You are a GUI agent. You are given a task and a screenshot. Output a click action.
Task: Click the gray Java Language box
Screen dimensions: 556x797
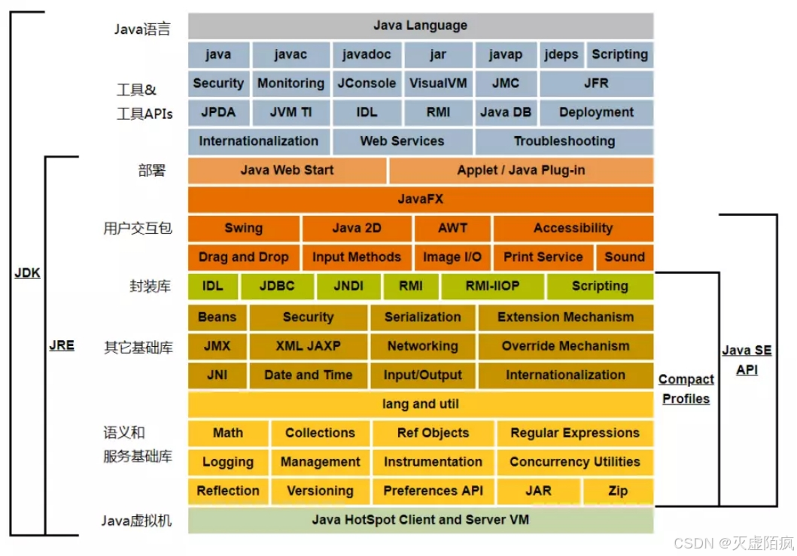point(420,26)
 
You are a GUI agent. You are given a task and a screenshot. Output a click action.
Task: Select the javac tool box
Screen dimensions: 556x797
point(291,54)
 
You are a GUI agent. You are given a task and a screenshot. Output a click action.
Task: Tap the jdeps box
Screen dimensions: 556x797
point(561,54)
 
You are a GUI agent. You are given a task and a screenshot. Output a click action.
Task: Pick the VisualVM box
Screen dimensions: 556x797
point(439,84)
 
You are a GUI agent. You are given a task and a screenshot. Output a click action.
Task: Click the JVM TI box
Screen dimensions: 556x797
point(291,112)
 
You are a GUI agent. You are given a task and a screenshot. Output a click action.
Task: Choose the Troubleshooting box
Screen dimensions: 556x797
point(564,141)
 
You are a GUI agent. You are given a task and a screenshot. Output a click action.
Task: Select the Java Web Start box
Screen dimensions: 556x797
point(287,170)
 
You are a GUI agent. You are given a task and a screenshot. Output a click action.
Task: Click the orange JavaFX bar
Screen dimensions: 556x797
point(420,199)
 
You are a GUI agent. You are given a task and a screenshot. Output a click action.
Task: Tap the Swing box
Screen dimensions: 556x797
point(243,228)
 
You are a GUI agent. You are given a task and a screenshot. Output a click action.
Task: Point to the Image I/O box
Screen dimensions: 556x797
point(452,257)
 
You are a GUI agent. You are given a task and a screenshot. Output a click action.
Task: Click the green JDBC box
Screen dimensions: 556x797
point(276,286)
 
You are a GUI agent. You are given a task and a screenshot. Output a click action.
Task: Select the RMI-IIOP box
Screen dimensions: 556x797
point(492,286)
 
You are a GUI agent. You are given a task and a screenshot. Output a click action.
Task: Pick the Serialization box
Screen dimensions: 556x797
point(422,317)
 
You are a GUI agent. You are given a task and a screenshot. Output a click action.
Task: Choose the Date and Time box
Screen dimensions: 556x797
point(308,375)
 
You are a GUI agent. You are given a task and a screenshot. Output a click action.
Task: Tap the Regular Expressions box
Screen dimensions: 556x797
point(574,433)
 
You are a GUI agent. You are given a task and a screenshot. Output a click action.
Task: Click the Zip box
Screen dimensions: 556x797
point(618,491)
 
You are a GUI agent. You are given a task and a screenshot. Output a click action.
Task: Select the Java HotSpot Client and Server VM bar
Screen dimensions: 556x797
point(420,520)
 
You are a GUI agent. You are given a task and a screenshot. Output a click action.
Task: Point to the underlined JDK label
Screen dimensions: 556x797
point(27,273)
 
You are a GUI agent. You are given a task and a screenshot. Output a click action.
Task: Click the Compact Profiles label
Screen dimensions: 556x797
point(686,389)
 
